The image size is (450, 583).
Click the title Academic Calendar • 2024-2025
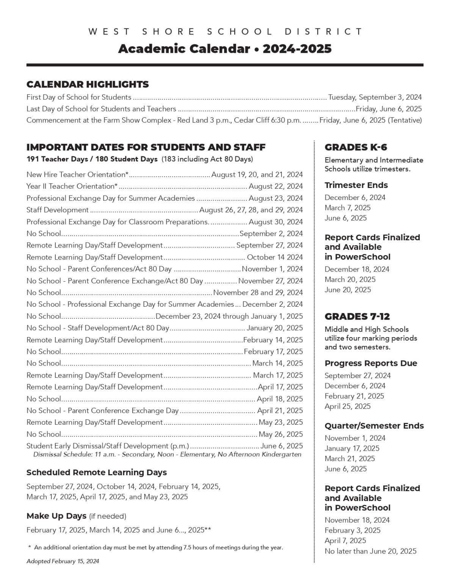[x=224, y=49]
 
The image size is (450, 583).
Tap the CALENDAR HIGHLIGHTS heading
[x=88, y=84]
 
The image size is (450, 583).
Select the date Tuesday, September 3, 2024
[x=375, y=97]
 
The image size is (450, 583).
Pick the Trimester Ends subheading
[x=356, y=185]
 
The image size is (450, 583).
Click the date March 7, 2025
[x=348, y=208]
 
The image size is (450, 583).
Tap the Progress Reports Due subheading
[x=371, y=363]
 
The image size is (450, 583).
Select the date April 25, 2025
[x=348, y=406]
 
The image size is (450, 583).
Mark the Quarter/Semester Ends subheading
[x=374, y=426]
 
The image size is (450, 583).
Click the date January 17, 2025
[x=352, y=448]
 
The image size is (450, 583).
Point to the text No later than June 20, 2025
[x=370, y=551]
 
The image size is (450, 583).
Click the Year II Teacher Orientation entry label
[x=72, y=186]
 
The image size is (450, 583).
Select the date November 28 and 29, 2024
[x=258, y=293]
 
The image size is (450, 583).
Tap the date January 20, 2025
[x=274, y=328]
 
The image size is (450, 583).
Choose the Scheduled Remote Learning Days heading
[x=97, y=473]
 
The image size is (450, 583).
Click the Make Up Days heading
[x=56, y=516]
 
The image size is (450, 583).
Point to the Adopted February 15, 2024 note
[x=63, y=561]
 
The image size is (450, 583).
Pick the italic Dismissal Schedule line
[x=167, y=454]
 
